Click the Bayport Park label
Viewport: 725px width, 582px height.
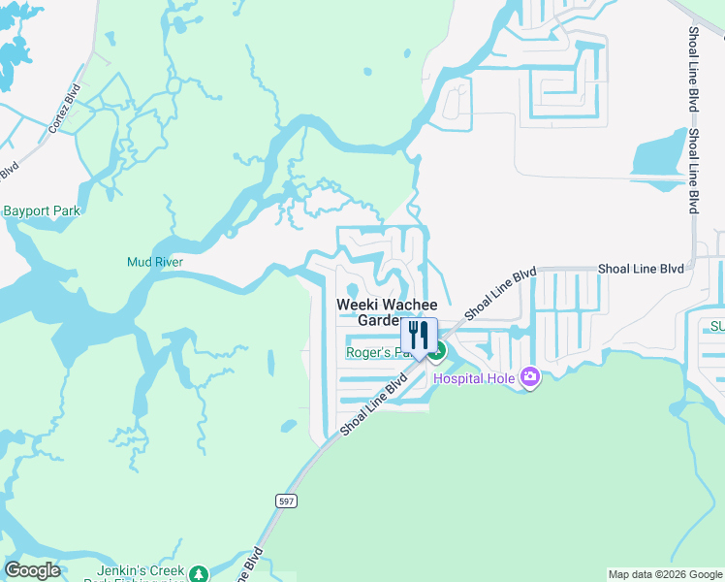41,210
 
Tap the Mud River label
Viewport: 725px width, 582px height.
155,262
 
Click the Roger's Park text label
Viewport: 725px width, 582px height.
378,352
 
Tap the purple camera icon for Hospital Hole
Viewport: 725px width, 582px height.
529,376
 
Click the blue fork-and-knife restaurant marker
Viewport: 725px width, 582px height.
419,336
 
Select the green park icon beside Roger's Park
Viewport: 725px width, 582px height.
438,351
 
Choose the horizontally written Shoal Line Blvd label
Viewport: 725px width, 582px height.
641,268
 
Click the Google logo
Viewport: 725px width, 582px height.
32,570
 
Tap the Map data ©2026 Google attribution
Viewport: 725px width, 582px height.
665,574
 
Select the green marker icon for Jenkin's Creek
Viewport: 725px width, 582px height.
199,573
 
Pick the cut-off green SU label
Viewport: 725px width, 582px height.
716,327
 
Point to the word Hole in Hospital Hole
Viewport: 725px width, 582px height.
498,377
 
